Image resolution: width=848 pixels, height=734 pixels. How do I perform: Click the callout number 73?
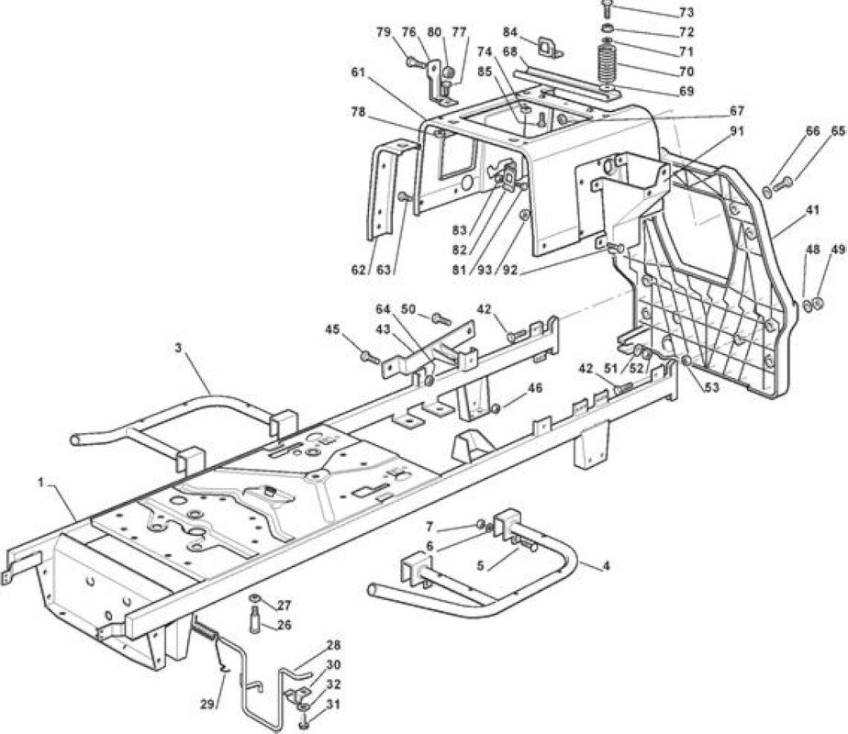[686, 12]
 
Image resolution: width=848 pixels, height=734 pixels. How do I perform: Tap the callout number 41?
[812, 210]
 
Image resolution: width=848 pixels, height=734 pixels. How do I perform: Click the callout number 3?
[178, 348]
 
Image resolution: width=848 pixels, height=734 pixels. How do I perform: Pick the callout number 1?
[40, 482]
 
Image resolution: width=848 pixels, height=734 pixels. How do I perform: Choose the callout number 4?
[607, 566]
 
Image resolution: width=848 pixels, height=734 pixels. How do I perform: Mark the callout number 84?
[510, 32]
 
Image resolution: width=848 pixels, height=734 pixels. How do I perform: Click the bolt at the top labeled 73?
[607, 8]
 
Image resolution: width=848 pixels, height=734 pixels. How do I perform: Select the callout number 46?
[535, 388]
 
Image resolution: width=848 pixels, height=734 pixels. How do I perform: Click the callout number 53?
[712, 387]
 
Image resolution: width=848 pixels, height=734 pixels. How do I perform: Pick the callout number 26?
[284, 625]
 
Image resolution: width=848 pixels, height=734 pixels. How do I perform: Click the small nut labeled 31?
[303, 720]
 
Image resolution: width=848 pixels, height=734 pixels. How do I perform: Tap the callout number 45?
[332, 328]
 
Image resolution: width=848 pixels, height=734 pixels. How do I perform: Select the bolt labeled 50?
[441, 319]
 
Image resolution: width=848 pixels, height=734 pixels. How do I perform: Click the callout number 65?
[838, 130]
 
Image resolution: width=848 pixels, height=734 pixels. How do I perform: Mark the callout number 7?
[430, 526]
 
